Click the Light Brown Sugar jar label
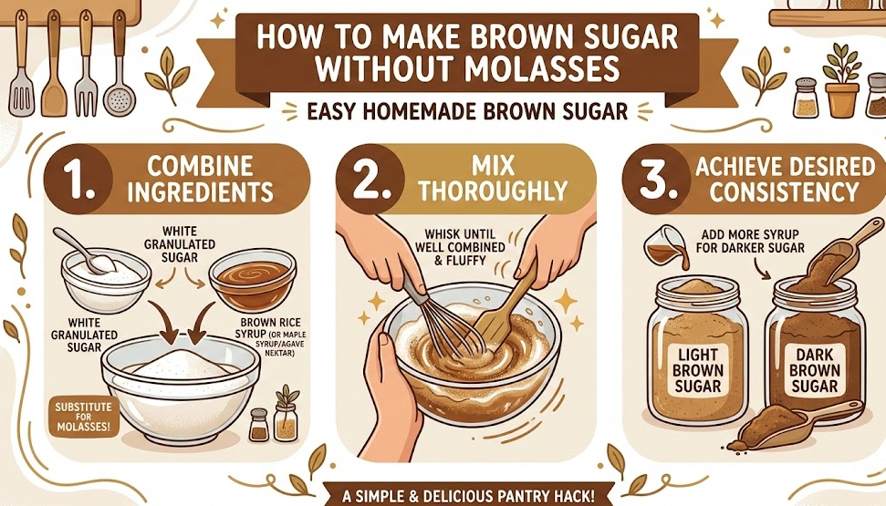pos(698,371)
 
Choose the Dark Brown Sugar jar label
pos(814,369)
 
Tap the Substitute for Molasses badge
pos(84,417)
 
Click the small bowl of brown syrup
pos(253,280)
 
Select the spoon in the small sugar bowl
pos(82,249)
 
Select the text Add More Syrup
pos(750,233)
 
